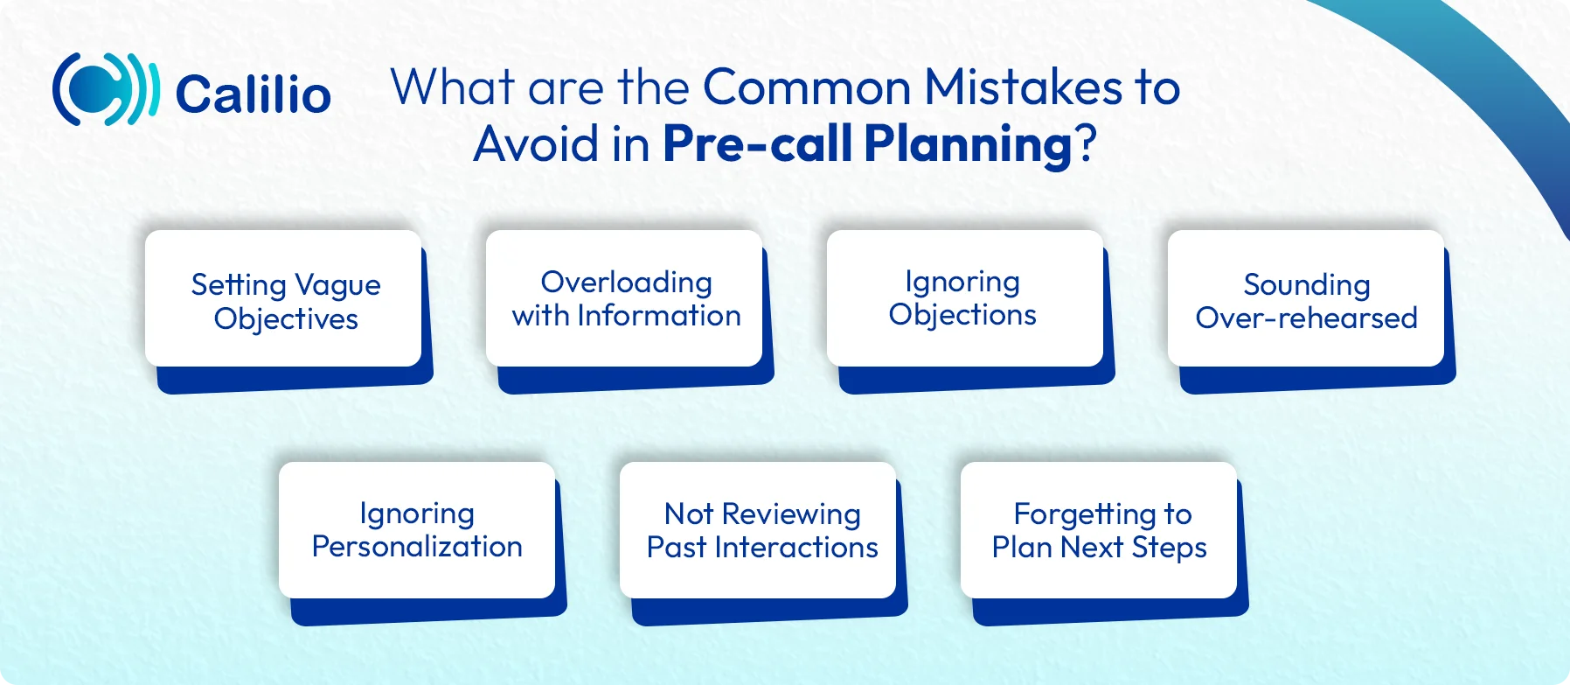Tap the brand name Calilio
point(253,94)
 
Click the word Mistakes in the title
point(1023,87)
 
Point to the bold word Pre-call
point(757,144)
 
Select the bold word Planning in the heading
point(968,144)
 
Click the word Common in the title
point(807,87)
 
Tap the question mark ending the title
point(1086,144)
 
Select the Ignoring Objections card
point(964,299)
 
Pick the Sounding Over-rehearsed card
point(1306,299)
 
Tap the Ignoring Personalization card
point(417,530)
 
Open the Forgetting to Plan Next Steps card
point(1099,530)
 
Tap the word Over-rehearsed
point(1306,318)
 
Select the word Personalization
point(417,547)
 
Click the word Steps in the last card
point(1169,549)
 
